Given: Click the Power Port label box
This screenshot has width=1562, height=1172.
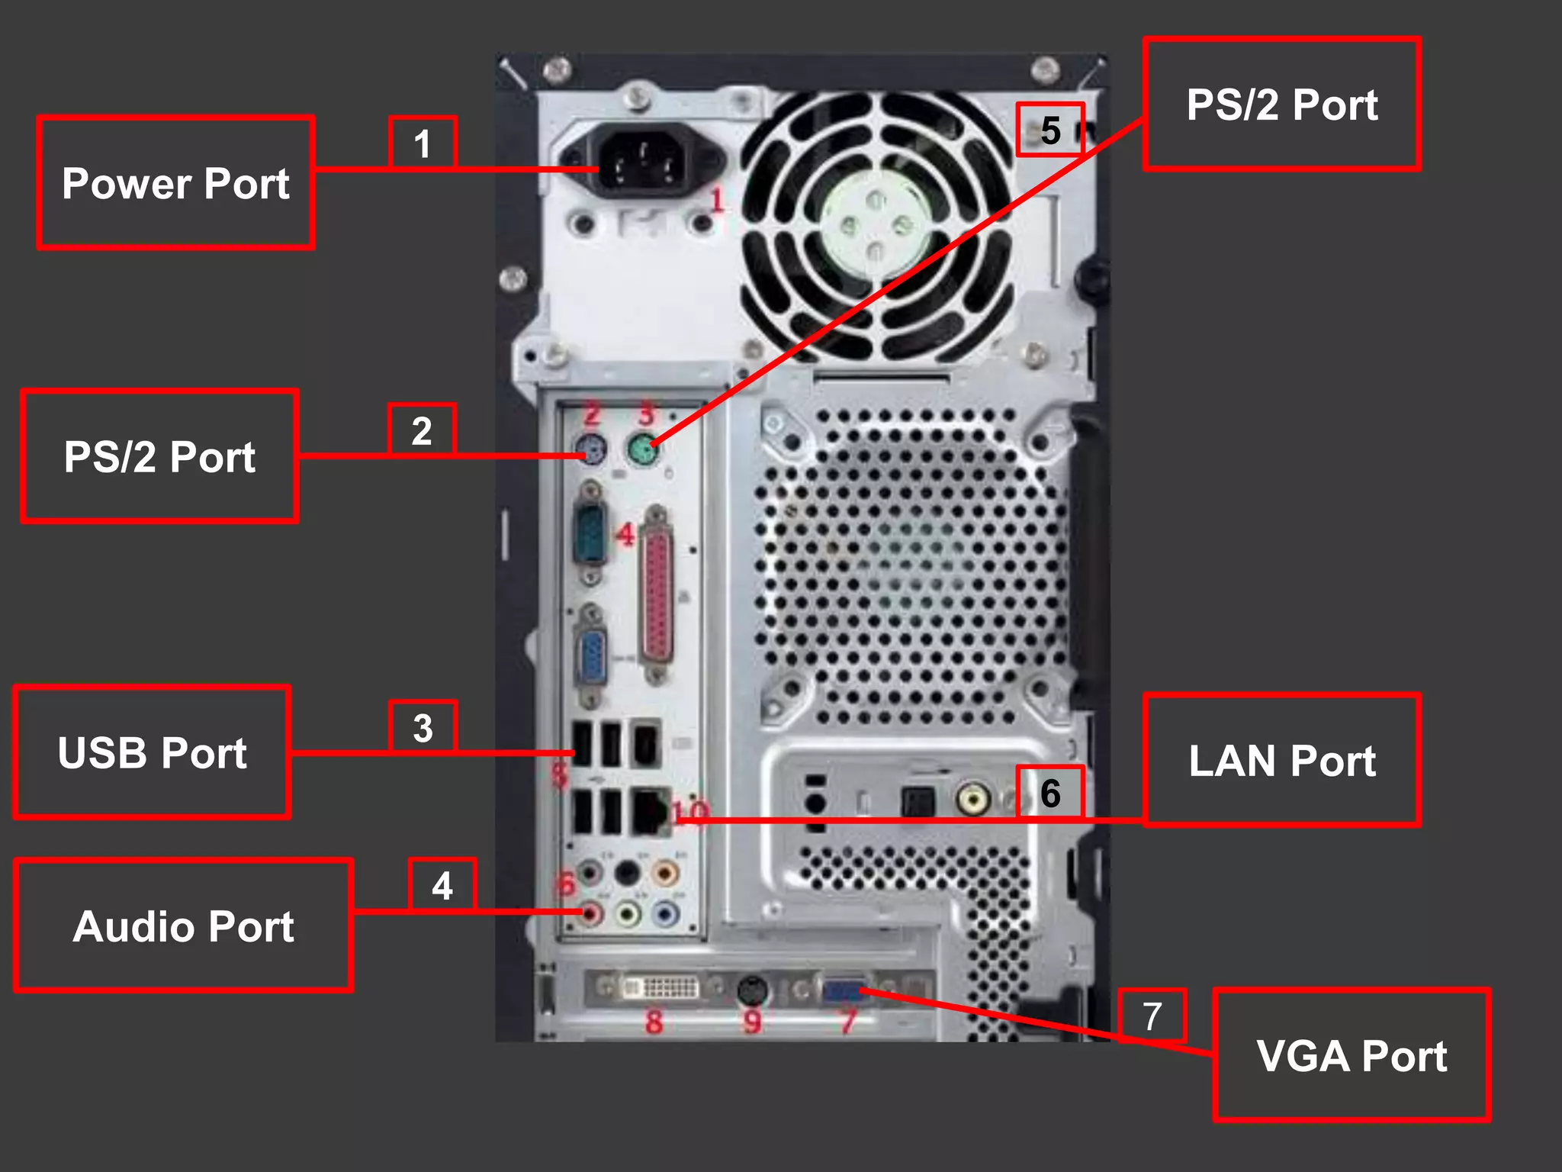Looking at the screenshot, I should [175, 183].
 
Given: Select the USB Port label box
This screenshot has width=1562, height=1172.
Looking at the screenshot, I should [152, 752].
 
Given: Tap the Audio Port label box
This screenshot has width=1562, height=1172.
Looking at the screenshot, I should [183, 926].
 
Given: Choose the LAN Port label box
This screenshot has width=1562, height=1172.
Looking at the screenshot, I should [1281, 760].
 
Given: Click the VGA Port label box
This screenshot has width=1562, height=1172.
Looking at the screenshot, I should [1351, 1055].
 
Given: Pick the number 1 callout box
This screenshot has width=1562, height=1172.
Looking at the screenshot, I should [423, 143].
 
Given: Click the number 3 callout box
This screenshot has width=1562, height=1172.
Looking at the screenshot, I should [423, 726].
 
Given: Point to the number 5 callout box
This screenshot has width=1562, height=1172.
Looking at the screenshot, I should [1050, 130].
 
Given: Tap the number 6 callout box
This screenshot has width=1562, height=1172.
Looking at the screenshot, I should [1050, 792].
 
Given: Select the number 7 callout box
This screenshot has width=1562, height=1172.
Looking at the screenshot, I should [1152, 1016].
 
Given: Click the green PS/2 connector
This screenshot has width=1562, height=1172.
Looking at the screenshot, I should [643, 450].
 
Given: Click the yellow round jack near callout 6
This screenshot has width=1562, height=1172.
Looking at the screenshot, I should [973, 799].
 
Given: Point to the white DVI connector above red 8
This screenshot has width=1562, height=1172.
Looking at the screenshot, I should [660, 988].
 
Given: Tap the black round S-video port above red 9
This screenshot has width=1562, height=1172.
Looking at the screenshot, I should [753, 990].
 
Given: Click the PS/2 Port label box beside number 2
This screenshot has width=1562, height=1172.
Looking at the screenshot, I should [159, 456].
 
